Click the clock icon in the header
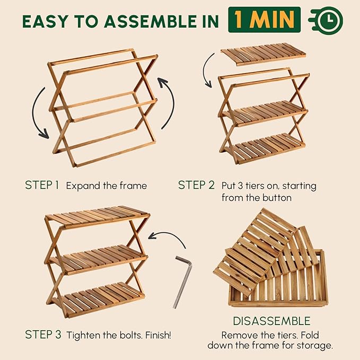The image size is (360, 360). coord(326,20)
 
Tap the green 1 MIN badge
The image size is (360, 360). coord(264,20)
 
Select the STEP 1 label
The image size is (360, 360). coord(42,185)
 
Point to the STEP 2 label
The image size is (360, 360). coord(196,185)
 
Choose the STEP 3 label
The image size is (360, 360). coord(43,335)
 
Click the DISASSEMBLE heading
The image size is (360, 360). coord(271,321)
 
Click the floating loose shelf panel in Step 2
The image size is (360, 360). coord(264,54)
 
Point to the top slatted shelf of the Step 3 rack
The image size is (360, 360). coord(98,216)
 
